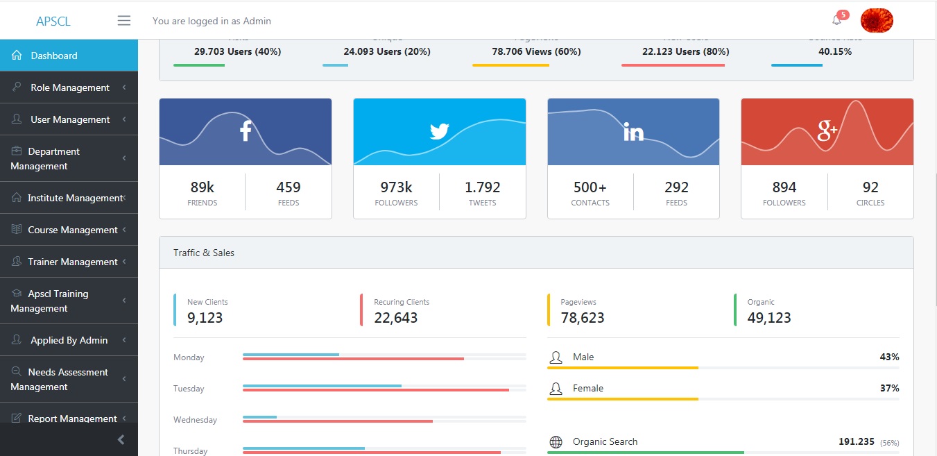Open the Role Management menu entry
pos(69,87)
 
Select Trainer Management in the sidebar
pos(72,262)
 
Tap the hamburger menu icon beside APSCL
pos(124,21)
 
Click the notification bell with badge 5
pos(837,20)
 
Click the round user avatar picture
pos(876,21)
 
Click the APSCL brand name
pos(53,22)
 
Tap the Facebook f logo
pos(246,131)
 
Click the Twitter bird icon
pos(440,131)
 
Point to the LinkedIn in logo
pos(633,132)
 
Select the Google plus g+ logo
pos(827,130)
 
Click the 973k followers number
pos(396,187)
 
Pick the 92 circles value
pos(870,187)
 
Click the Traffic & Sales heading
pos(204,253)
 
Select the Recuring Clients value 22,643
pos(395,318)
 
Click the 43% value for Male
pos(889,357)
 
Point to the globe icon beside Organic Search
pos(556,442)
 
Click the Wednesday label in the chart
pos(195,420)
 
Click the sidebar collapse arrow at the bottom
pos(121,439)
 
